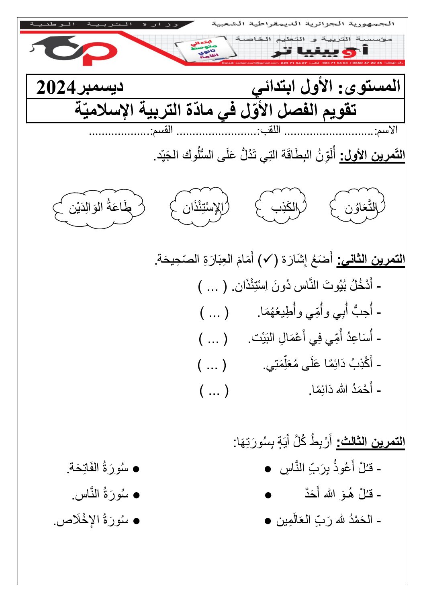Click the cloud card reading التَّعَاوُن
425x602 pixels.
[x=357, y=207]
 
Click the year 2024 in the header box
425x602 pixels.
[x=56, y=87]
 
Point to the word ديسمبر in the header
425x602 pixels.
[x=100, y=87]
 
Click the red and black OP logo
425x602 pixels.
[x=74, y=51]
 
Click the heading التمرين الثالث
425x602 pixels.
[x=370, y=442]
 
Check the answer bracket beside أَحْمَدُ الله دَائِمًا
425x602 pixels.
[x=214, y=390]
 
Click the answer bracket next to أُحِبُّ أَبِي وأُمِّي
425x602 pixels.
[x=214, y=312]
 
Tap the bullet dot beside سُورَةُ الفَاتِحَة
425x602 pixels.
[x=136, y=469]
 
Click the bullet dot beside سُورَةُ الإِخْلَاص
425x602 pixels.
[x=136, y=521]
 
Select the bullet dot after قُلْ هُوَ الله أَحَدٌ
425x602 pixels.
[x=268, y=495]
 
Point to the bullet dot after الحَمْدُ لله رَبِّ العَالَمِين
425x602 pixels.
[x=268, y=522]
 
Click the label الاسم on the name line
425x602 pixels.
[x=386, y=130]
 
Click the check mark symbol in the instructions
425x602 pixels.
[x=266, y=260]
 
